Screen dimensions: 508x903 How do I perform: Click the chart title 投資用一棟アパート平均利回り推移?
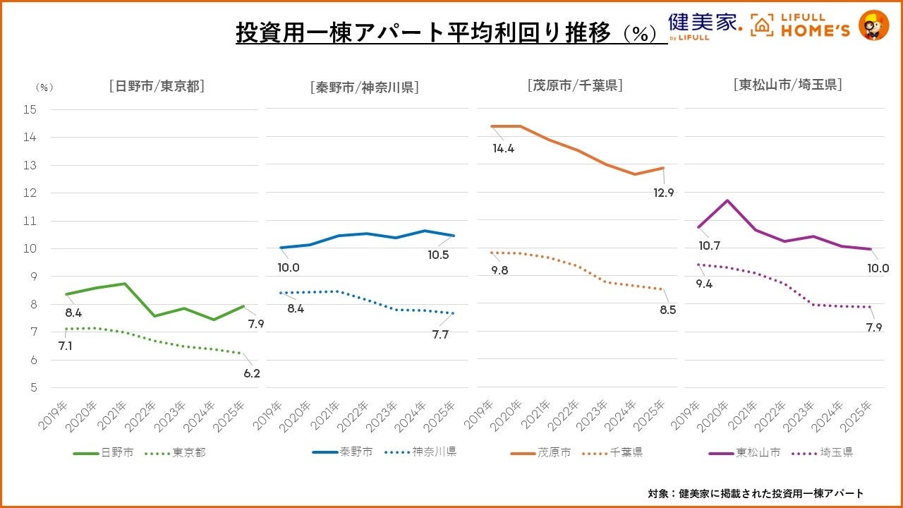(423, 33)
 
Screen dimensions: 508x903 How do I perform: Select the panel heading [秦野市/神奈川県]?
(364, 87)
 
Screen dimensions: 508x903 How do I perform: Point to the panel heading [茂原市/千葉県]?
(575, 85)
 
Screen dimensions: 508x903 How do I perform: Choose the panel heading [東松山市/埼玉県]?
(787, 85)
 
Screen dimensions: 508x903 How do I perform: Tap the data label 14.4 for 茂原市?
(503, 148)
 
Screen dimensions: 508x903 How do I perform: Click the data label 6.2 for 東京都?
(252, 373)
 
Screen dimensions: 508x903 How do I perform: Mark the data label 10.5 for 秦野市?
(438, 255)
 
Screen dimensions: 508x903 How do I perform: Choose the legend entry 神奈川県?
(434, 452)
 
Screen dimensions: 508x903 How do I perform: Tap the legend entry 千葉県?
(626, 452)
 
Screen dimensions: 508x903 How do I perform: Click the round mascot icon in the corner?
(873, 25)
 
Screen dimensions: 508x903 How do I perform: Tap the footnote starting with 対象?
(756, 493)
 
